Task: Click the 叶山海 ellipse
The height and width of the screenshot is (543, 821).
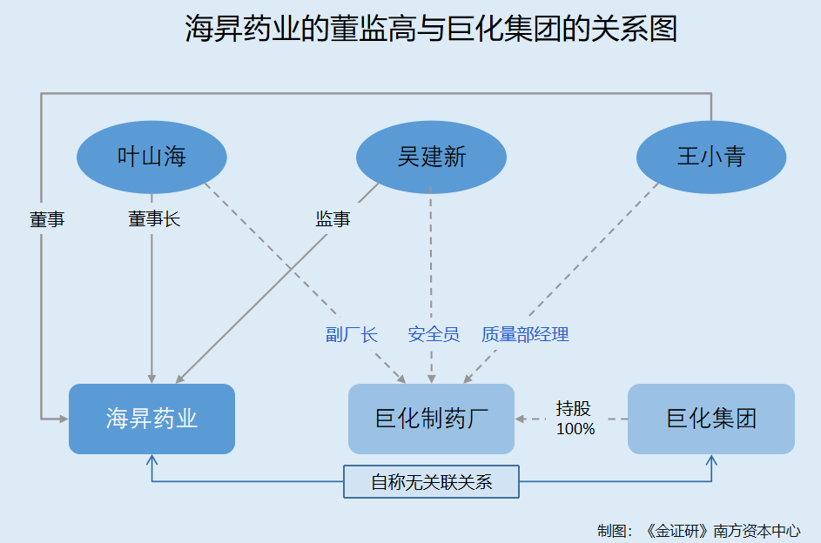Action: [x=151, y=157]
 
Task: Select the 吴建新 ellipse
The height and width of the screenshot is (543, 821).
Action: [x=432, y=157]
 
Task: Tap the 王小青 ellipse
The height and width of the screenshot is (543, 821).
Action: [x=711, y=157]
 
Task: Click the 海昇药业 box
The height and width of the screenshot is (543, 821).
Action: [x=151, y=419]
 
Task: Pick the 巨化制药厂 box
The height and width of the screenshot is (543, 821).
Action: [x=432, y=419]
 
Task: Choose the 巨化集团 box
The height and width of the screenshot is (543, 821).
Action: [x=711, y=419]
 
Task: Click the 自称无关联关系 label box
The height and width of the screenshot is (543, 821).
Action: [x=432, y=482]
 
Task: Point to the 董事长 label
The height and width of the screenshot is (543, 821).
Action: [x=154, y=218]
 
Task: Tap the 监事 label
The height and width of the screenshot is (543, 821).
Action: [x=333, y=218]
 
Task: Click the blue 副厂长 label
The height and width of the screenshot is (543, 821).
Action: [x=352, y=334]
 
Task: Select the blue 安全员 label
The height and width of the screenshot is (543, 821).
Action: [x=434, y=334]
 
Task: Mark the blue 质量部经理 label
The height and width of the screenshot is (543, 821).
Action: [x=525, y=334]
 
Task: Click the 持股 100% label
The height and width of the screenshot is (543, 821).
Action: [x=575, y=419]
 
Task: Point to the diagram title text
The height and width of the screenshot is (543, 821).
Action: [x=432, y=28]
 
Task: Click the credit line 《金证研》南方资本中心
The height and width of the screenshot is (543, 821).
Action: [x=722, y=531]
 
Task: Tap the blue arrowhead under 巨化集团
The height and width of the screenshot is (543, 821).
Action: [x=711, y=460]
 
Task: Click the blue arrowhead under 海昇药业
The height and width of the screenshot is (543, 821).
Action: [x=151, y=460]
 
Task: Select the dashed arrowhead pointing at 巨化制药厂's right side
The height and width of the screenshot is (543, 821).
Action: [x=520, y=419]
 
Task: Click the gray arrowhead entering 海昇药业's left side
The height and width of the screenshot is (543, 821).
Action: [x=64, y=419]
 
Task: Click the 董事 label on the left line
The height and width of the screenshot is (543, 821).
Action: [x=47, y=219]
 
